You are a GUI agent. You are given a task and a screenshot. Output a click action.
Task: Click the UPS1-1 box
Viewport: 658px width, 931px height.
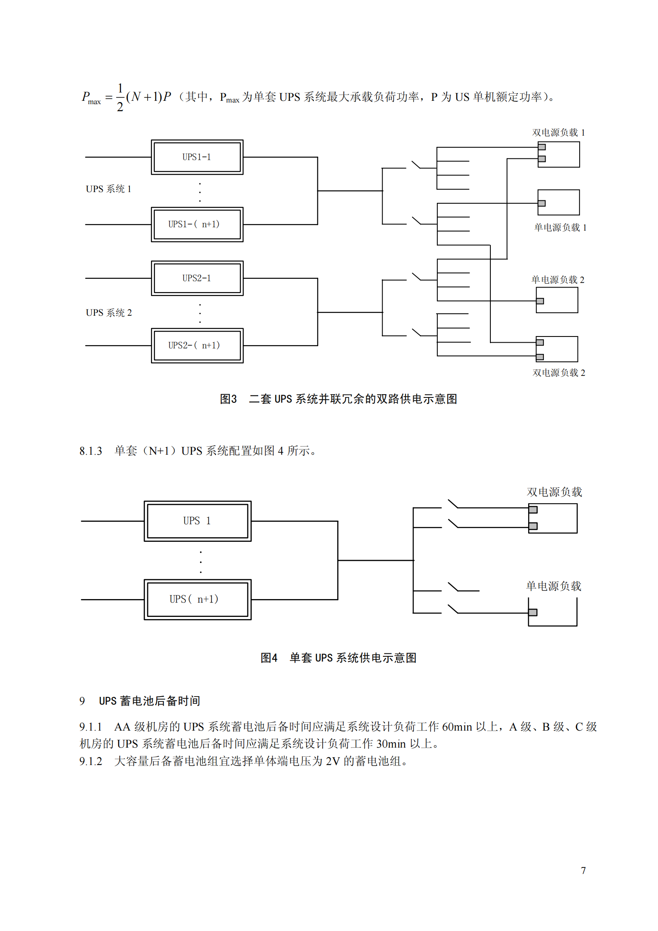(x=197, y=157)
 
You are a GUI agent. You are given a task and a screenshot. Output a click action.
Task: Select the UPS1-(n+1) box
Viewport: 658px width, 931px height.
(x=197, y=224)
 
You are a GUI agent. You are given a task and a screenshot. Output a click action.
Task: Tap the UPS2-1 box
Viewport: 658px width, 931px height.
(x=197, y=278)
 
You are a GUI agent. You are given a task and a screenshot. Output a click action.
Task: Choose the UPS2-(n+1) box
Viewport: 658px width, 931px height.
(x=197, y=346)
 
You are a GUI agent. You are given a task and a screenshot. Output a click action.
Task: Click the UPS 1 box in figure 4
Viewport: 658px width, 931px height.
(x=197, y=521)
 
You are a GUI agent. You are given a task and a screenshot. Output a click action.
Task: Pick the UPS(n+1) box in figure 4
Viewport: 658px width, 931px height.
(x=197, y=600)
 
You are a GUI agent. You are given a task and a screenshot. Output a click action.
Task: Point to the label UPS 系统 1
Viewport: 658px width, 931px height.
(x=109, y=189)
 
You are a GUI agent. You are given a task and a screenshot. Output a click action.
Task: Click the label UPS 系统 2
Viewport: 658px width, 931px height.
(x=109, y=313)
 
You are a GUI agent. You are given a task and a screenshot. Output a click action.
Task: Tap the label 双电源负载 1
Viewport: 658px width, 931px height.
(x=558, y=133)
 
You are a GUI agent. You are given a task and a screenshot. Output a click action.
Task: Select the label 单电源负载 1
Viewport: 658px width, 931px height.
(x=560, y=227)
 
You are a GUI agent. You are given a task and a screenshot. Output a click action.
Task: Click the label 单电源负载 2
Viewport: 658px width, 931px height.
(x=558, y=280)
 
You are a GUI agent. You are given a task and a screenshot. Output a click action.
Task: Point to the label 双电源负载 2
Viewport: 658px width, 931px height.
(x=559, y=373)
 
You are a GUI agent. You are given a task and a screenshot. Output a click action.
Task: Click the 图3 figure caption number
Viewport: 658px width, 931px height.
(x=228, y=399)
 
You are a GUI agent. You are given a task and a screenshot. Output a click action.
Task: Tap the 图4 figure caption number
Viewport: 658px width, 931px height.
(x=269, y=658)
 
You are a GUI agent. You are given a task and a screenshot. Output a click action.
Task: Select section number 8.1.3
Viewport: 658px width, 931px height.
(x=91, y=451)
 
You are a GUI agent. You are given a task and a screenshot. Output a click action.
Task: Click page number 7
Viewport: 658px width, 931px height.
(x=583, y=870)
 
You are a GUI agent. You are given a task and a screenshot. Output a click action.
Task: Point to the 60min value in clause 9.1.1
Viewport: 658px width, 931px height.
(x=457, y=727)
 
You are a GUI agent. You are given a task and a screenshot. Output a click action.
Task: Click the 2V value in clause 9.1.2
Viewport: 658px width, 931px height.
(x=333, y=761)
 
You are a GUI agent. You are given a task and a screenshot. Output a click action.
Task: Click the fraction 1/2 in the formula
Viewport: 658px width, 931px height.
(x=120, y=97)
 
